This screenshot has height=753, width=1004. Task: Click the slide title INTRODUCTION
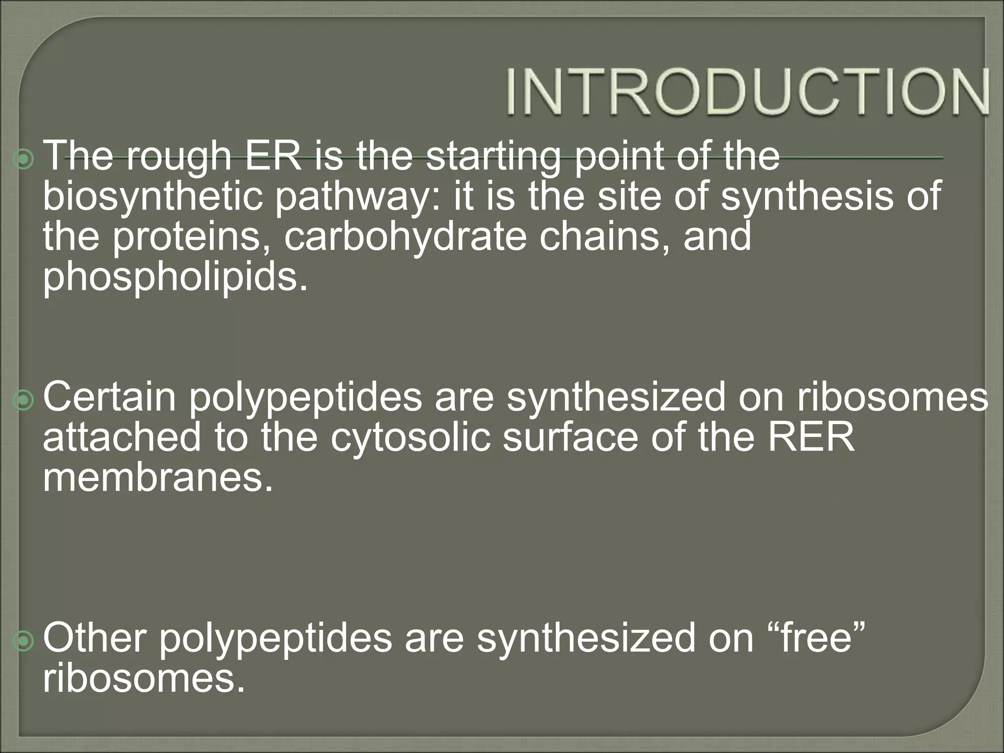pos(748,93)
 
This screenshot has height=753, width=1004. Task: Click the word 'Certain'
pos(109,397)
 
